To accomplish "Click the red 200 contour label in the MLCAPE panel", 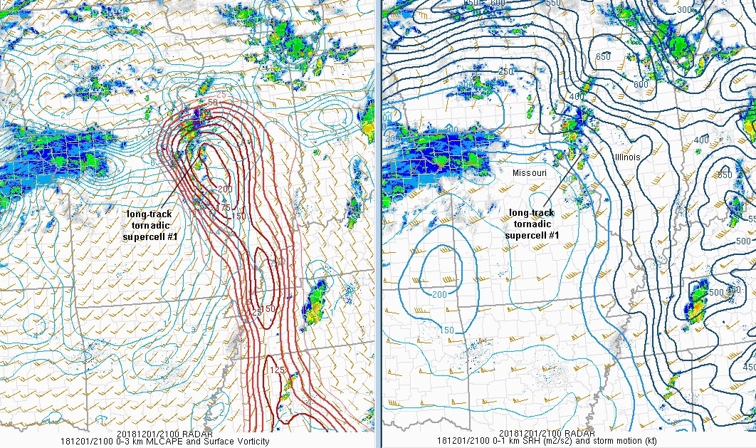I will pos(226,189).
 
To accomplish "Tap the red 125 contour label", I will pos(278,370).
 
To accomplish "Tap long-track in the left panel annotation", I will pos(149,214).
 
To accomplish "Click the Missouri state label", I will pos(530,173).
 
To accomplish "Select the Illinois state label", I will pos(627,156).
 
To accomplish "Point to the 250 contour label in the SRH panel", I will pos(487,72).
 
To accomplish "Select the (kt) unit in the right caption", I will pos(648,442).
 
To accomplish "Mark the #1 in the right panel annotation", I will pos(554,236).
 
